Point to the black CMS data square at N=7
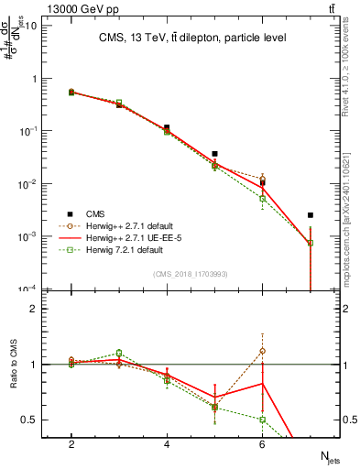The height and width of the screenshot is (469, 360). point(311,215)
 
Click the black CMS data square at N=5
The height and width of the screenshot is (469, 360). point(214,154)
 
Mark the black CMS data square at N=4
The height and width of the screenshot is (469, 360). point(167,128)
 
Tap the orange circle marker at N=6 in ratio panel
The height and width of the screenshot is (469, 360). point(262,351)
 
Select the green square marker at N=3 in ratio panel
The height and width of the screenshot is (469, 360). point(119,353)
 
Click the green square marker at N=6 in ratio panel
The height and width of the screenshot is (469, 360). point(262,420)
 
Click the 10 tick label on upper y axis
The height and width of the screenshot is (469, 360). point(31,25)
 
